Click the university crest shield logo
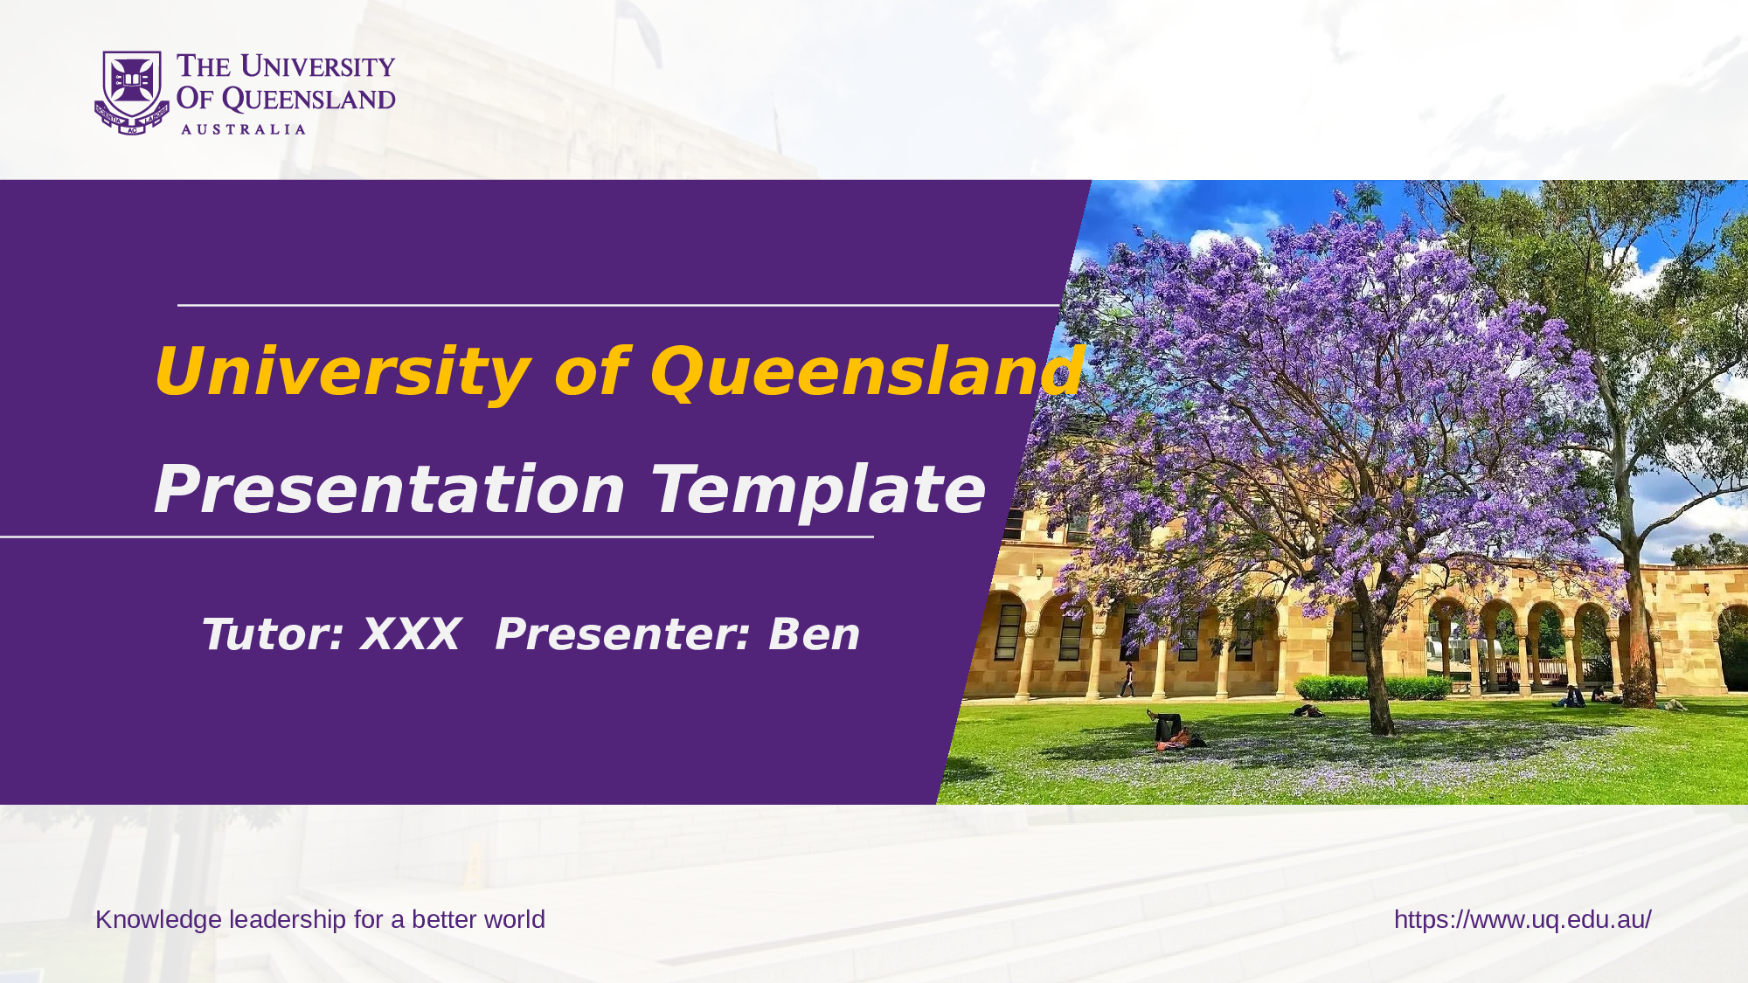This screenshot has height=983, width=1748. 132,93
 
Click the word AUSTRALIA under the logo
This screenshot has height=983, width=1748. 243,129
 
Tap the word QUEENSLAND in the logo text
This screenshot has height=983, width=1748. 309,100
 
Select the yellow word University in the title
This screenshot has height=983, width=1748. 342,372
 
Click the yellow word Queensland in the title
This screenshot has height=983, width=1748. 867,370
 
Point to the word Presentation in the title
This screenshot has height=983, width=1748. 390,489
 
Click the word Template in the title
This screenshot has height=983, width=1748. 818,491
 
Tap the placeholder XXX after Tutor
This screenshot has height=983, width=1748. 411,633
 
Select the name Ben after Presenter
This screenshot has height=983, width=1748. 814,633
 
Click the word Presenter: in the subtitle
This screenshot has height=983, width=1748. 622,633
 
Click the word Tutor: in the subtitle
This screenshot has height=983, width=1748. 272,633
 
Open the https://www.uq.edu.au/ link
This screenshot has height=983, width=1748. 1523,920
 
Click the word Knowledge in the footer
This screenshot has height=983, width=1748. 158,920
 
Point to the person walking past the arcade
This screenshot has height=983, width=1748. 1127,680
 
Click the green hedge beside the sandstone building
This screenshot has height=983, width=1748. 1372,688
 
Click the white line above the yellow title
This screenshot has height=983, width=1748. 619,305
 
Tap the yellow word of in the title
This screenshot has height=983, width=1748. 591,372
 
